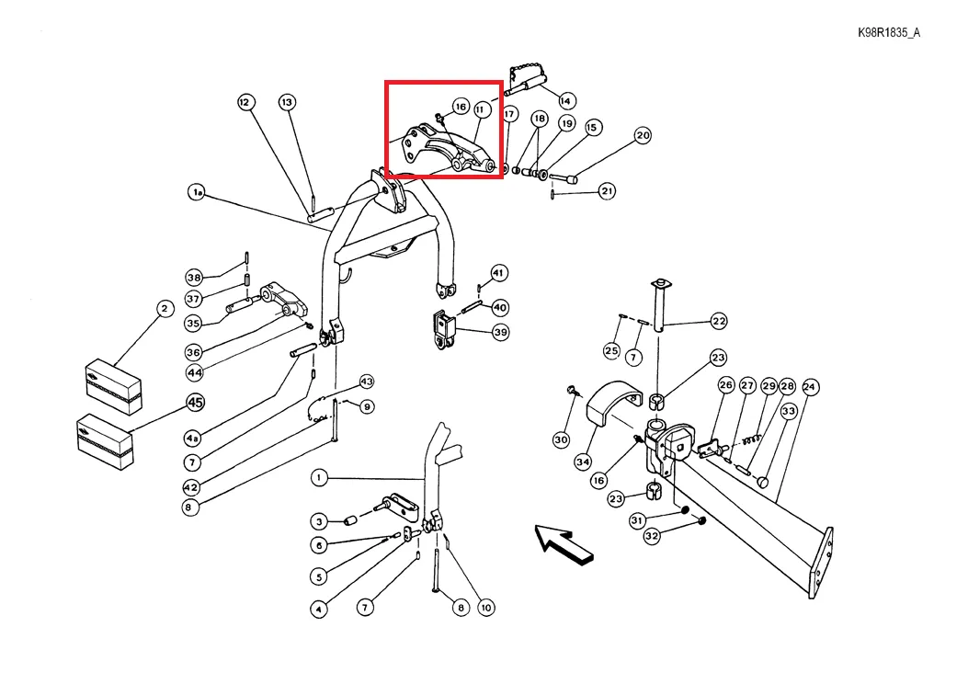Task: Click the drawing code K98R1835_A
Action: tap(888, 33)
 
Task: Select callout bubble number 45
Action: tap(196, 403)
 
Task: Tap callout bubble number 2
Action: tap(165, 309)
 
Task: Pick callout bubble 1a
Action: tap(197, 193)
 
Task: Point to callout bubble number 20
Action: tap(643, 135)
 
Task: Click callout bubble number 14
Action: tap(566, 100)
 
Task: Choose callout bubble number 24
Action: tap(809, 387)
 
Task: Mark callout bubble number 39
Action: tap(501, 332)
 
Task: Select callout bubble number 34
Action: tap(583, 462)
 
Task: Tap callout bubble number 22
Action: tap(719, 321)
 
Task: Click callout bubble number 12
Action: tap(245, 102)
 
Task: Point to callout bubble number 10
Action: tap(486, 608)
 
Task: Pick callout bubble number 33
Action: tap(789, 411)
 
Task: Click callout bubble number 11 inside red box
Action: tap(482, 110)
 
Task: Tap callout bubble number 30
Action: tap(561, 439)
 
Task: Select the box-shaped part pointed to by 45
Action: tap(105, 442)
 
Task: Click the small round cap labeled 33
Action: tap(764, 482)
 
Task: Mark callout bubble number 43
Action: tap(367, 382)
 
